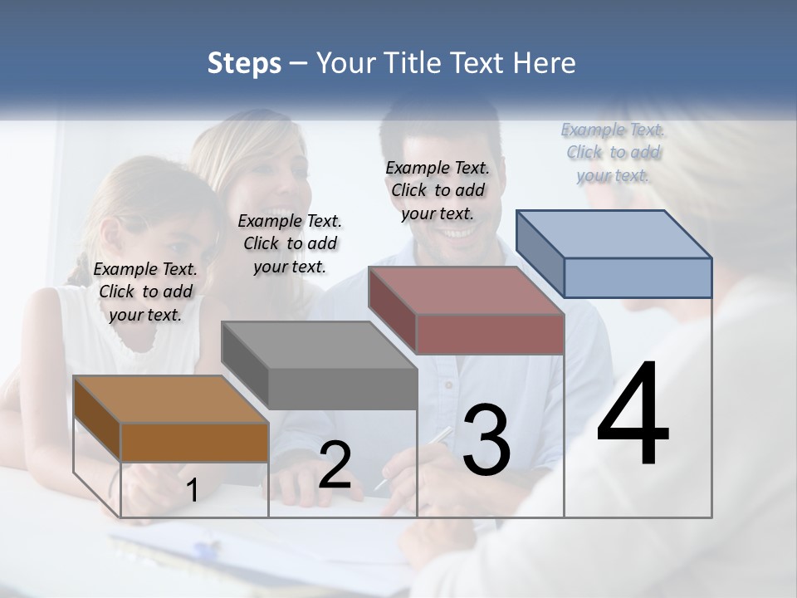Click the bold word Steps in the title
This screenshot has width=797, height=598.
pyautogui.click(x=244, y=63)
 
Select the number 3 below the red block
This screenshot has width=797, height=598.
pyautogui.click(x=487, y=440)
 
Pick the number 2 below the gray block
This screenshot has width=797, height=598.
pyautogui.click(x=335, y=465)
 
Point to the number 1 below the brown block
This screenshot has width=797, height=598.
pyautogui.click(x=193, y=491)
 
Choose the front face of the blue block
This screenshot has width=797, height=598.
pyautogui.click(x=637, y=277)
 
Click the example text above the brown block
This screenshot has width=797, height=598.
pyautogui.click(x=145, y=292)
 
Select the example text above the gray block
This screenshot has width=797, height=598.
pyautogui.click(x=290, y=243)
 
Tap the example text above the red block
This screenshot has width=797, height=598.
pyautogui.click(x=438, y=190)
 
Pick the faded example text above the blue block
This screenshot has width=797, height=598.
pyautogui.click(x=613, y=152)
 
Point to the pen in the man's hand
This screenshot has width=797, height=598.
pyautogui.click(x=415, y=456)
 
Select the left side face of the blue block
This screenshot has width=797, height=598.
pyautogui.click(x=540, y=252)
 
